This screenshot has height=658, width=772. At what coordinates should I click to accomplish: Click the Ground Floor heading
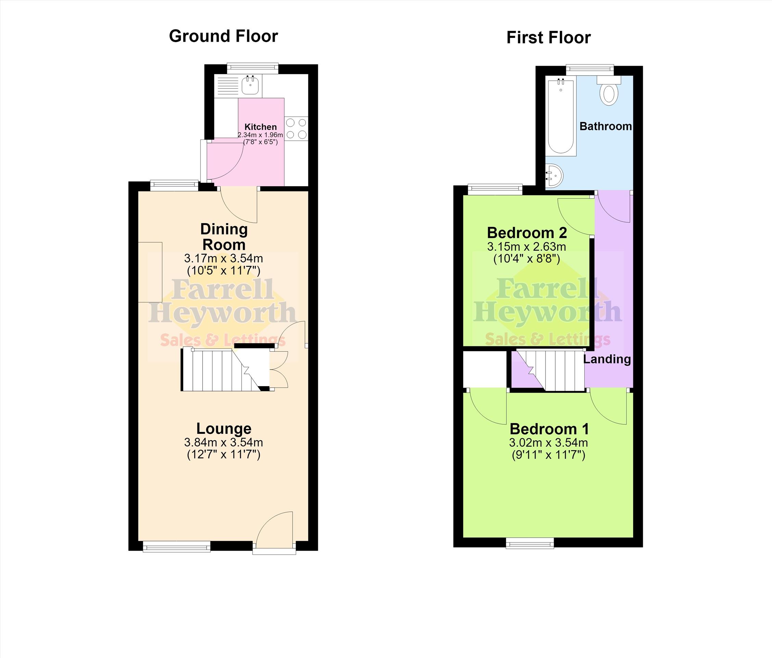pyautogui.click(x=223, y=36)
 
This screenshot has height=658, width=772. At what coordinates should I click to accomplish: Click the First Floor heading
pyautogui.click(x=549, y=38)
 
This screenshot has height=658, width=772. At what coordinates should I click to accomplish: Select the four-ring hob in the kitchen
pyautogui.click(x=296, y=129)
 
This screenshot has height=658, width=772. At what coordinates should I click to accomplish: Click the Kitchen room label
pyautogui.click(x=260, y=127)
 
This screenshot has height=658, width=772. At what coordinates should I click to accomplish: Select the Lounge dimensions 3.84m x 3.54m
pyautogui.click(x=223, y=443)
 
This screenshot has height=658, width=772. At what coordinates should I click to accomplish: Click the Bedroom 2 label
pyautogui.click(x=527, y=233)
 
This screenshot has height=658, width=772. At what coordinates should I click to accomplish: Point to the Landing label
pyautogui.click(x=607, y=359)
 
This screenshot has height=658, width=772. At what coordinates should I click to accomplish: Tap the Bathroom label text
pyautogui.click(x=605, y=126)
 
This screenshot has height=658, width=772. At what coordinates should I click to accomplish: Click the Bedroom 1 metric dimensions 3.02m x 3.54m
pyautogui.click(x=549, y=443)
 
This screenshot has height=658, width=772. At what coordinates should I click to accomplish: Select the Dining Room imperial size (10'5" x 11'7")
pyautogui.click(x=223, y=270)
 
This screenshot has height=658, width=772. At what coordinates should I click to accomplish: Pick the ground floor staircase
pyautogui.click(x=227, y=369)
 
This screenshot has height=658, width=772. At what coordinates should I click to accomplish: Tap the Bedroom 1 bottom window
pyautogui.click(x=530, y=543)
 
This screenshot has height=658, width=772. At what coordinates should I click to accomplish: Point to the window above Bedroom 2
pyautogui.click(x=495, y=189)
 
